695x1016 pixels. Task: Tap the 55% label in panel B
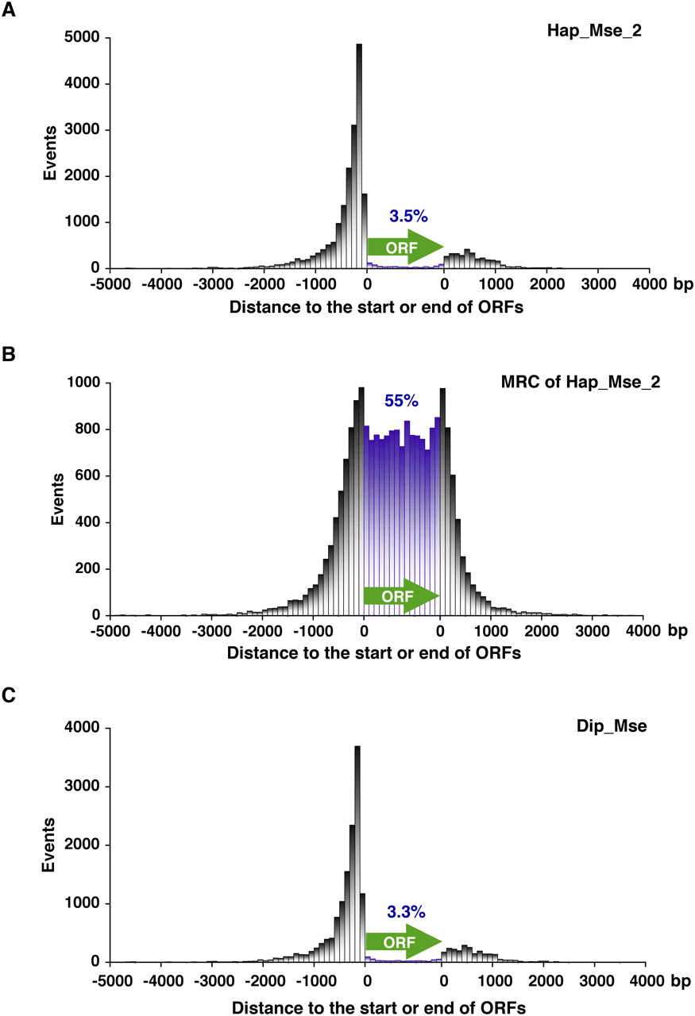click(x=401, y=401)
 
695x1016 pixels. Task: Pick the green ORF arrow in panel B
click(x=401, y=596)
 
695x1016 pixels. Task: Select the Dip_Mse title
click(x=622, y=725)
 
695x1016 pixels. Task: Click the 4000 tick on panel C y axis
click(x=83, y=728)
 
